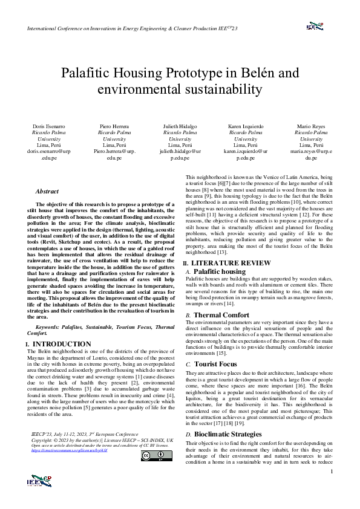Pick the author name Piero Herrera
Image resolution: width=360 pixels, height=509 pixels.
pyautogui.click(x=115, y=126)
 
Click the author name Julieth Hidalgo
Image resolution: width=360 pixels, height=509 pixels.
pyautogui.click(x=180, y=126)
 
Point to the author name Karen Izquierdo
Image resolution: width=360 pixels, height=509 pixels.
pyautogui.click(x=245, y=126)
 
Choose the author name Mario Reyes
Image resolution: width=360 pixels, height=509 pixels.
pyautogui.click(x=310, y=126)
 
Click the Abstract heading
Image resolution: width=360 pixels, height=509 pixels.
pyautogui.click(x=47, y=191)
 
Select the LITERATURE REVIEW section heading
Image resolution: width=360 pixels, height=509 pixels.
pyautogui.click(x=231, y=263)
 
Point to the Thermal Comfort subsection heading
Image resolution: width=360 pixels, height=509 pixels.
pyautogui.click(x=221, y=315)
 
